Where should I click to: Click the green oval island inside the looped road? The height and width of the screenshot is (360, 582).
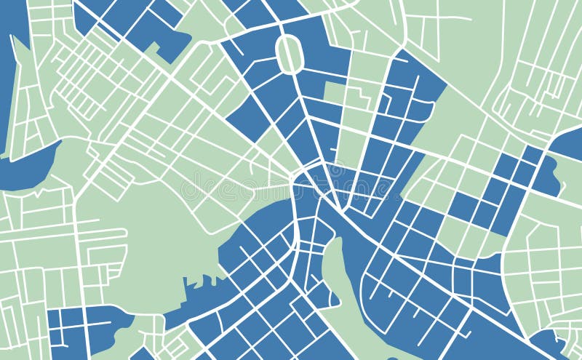(290, 54)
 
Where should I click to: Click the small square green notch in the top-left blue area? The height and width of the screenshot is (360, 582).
(154, 48)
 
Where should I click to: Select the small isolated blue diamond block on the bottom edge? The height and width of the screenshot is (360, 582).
(142, 355)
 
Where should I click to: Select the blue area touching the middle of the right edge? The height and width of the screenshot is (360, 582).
(567, 145)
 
